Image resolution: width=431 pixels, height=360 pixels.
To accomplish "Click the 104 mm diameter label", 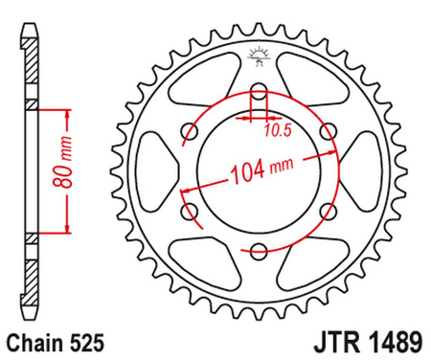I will (261, 174).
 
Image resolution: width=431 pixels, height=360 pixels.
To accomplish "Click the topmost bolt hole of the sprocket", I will (259, 93).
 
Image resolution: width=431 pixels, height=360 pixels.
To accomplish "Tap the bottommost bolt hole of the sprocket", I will (259, 252).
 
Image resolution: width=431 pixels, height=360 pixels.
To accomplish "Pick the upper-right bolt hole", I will (328, 132).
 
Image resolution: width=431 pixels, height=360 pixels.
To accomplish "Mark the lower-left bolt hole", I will (190, 213).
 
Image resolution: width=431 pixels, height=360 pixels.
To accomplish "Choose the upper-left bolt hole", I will (190, 132).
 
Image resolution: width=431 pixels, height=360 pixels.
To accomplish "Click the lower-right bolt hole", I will (328, 213).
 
